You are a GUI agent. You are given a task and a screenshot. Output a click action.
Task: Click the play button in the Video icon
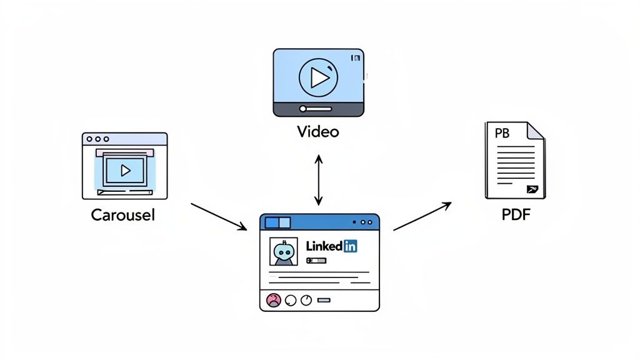pyautogui.click(x=319, y=77)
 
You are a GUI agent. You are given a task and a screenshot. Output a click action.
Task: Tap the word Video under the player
pyautogui.click(x=318, y=132)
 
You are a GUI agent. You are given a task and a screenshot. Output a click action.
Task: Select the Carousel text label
pyautogui.click(x=122, y=216)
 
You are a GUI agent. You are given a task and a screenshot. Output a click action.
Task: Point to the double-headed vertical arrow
pyautogui.click(x=319, y=181)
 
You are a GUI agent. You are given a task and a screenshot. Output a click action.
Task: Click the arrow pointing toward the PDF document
pyautogui.click(x=422, y=216)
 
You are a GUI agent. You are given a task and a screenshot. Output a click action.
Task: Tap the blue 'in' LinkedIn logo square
pyautogui.click(x=350, y=246)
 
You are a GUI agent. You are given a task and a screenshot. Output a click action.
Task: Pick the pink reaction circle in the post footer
pyautogui.click(x=274, y=301)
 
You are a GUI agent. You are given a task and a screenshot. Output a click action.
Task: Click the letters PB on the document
pyautogui.click(x=502, y=134)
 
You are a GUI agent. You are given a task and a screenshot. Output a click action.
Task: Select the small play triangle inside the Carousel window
pyautogui.click(x=125, y=170)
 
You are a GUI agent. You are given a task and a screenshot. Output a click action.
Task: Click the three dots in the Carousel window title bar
pyautogui.click(x=97, y=139)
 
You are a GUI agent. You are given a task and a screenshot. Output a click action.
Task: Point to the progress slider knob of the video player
pyautogui.click(x=303, y=109)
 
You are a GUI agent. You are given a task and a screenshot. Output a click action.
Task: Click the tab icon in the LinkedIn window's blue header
pyautogui.click(x=277, y=222)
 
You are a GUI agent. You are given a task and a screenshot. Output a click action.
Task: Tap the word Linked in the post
pyautogui.click(x=324, y=246)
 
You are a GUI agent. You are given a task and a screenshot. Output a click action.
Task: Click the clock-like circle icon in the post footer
pyautogui.click(x=306, y=301)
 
